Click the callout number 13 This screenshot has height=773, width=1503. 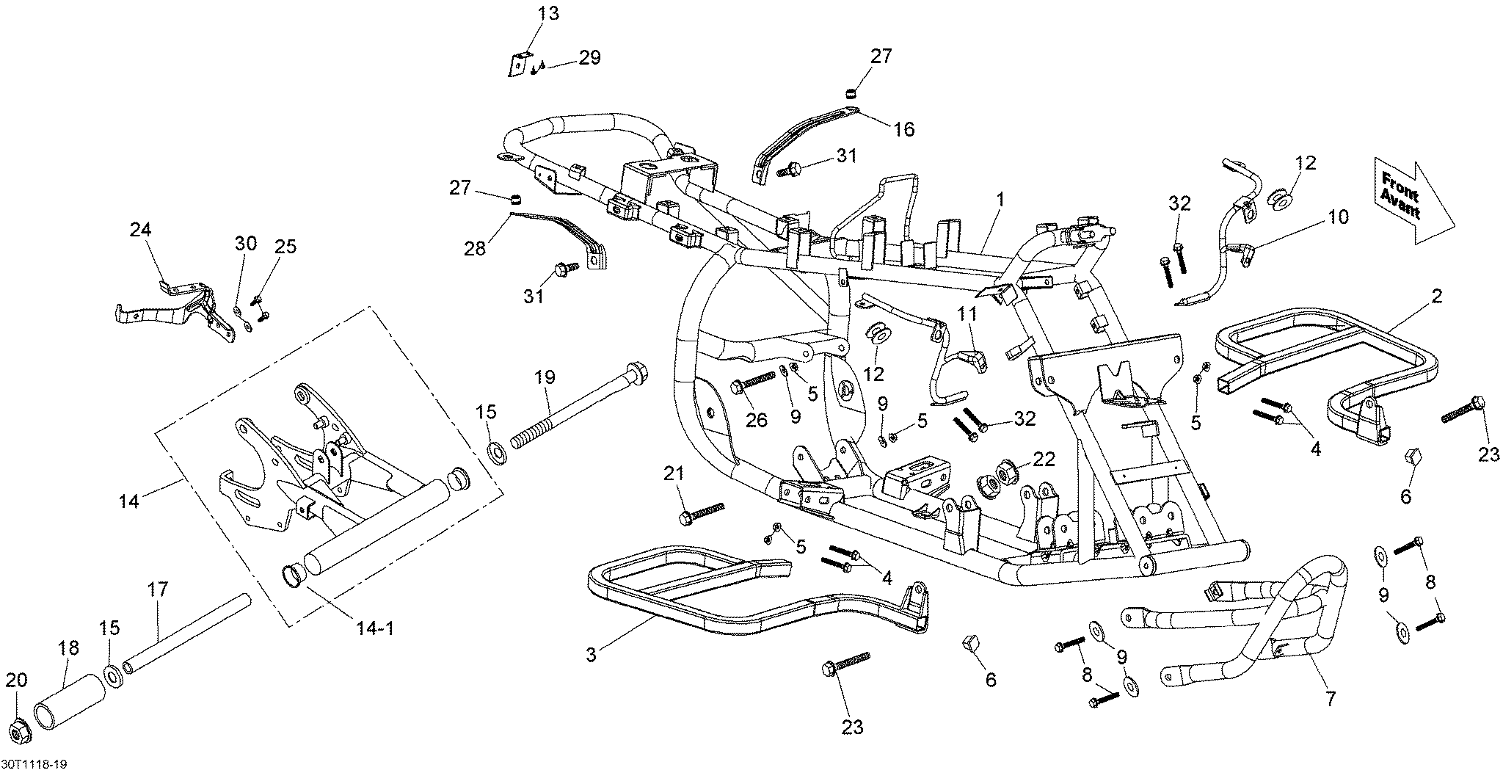coord(547,13)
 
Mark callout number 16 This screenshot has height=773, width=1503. coord(903,129)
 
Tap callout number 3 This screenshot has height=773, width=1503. coord(592,654)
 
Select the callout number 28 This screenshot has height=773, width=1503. coord(475,248)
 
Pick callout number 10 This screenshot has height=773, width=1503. coord(1337,217)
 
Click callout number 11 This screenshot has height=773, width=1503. coord(967,315)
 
